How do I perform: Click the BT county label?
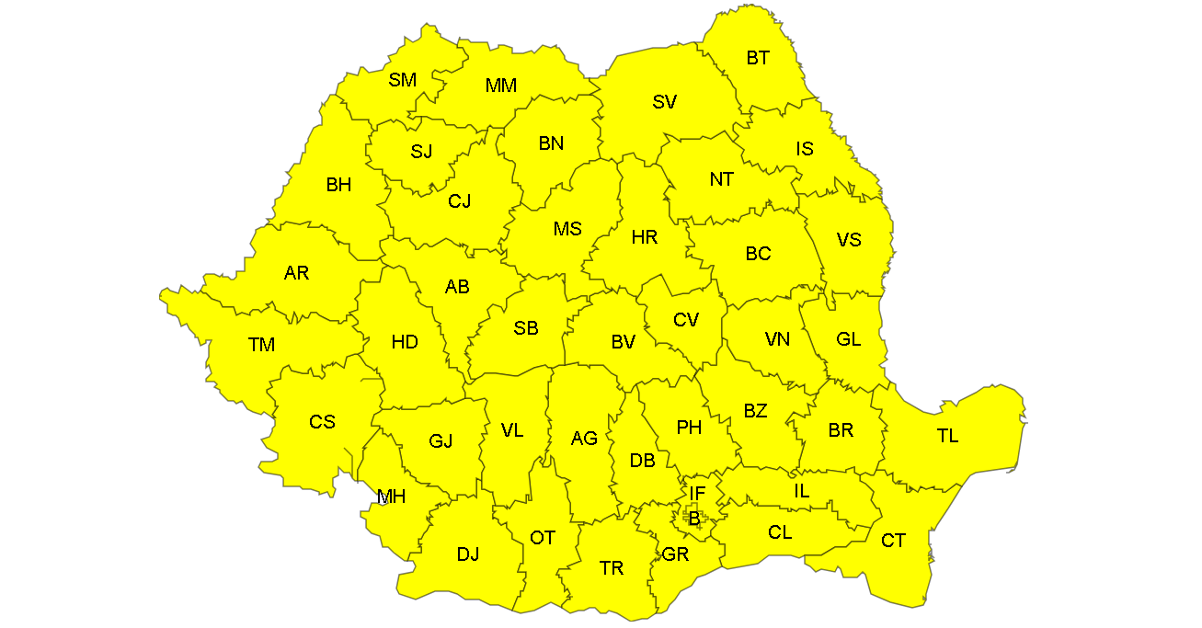(758, 58)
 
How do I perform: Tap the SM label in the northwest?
(402, 80)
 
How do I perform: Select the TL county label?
(947, 436)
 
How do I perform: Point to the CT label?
(893, 541)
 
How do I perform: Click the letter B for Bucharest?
(694, 519)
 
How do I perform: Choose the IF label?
(697, 495)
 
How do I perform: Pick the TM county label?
(261, 345)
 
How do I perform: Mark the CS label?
(322, 422)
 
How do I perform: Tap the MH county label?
(392, 497)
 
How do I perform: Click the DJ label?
(468, 554)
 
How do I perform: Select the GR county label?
(675, 554)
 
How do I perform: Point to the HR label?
(645, 237)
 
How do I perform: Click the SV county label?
(664, 102)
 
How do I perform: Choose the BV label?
(623, 342)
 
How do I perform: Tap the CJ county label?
(459, 200)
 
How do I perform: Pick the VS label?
(849, 239)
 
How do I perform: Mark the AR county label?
(296, 272)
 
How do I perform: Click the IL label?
(802, 491)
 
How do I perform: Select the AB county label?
(457, 287)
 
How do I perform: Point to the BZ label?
(755, 411)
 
